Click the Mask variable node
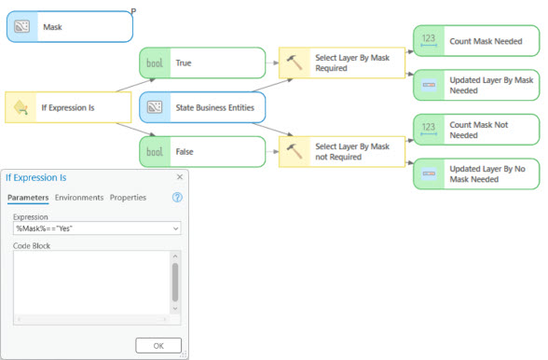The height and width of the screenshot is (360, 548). [x=69, y=27]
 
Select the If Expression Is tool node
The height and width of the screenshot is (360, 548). [x=68, y=108]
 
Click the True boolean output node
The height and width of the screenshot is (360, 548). [x=201, y=63]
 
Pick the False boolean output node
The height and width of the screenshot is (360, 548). [x=201, y=150]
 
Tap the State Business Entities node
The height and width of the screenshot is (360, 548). [x=201, y=107]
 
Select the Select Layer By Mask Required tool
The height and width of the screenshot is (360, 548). [x=340, y=63]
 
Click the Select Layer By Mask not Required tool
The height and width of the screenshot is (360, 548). [x=340, y=150]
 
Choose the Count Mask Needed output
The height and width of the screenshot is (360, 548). [x=475, y=41]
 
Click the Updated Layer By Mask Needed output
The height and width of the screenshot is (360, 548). [x=475, y=85]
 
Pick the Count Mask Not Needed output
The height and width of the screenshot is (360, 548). [x=475, y=130]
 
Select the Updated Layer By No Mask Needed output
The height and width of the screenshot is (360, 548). [x=475, y=173]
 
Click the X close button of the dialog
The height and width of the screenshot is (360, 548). [x=179, y=176]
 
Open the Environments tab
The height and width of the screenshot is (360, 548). [x=79, y=198]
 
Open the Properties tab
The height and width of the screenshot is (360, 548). [x=128, y=198]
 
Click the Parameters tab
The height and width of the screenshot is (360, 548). [x=28, y=198]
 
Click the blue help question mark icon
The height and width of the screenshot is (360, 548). [x=177, y=198]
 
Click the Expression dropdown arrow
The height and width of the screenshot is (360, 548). [x=175, y=228]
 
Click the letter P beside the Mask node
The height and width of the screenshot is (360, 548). [x=135, y=9]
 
